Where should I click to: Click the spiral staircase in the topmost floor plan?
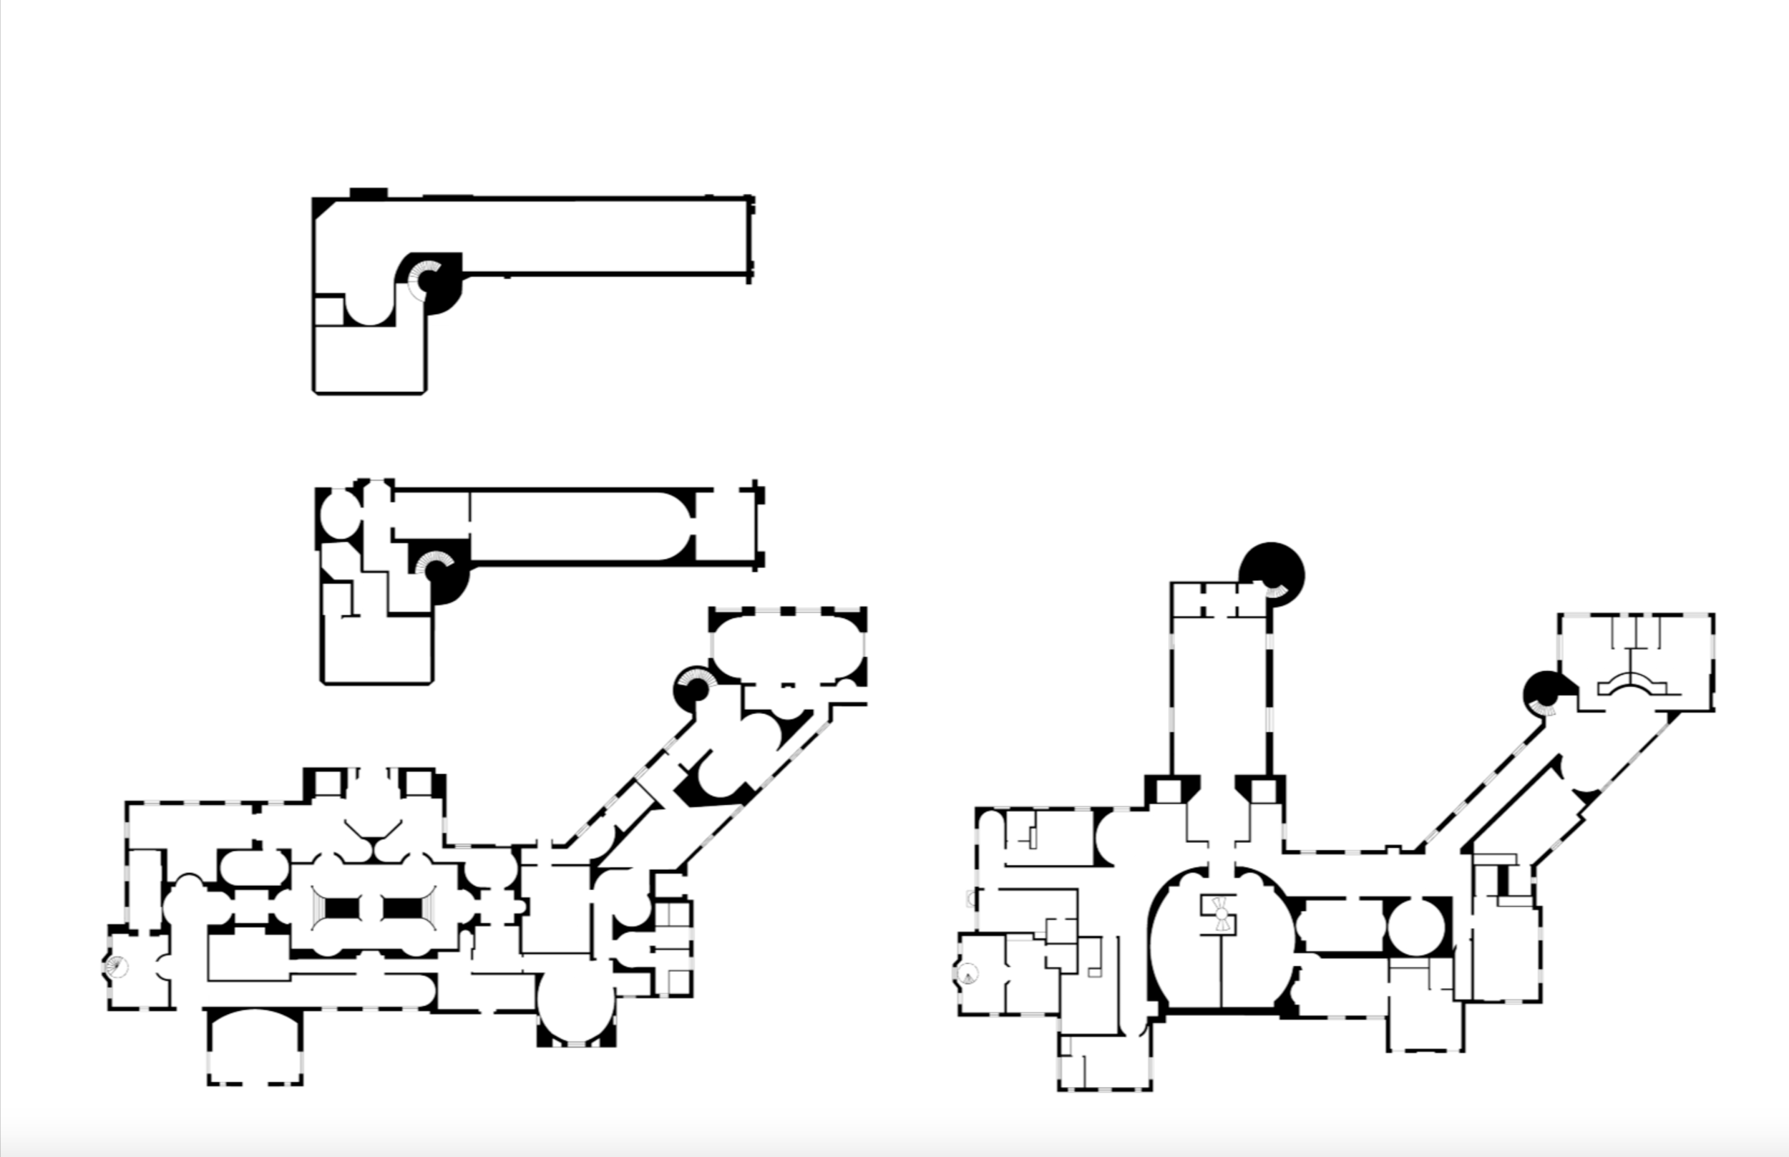coord(425,281)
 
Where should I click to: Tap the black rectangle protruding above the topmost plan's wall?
coord(368,193)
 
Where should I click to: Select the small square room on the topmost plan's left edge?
coord(328,311)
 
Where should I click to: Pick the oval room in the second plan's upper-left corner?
coord(341,514)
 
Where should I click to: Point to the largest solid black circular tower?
coord(1272,572)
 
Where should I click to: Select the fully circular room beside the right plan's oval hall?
coord(1415,927)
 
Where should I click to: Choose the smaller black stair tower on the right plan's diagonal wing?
coord(1542,693)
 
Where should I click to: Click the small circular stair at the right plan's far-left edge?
coord(967,974)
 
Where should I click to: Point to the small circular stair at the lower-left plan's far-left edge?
coord(117,966)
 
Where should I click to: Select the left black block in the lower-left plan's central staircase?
coord(342,909)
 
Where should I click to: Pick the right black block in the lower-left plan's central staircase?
coord(403,909)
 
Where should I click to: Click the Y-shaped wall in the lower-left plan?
coord(374,835)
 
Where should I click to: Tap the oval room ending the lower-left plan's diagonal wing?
coord(786,646)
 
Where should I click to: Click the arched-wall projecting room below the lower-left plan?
coord(255,1048)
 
